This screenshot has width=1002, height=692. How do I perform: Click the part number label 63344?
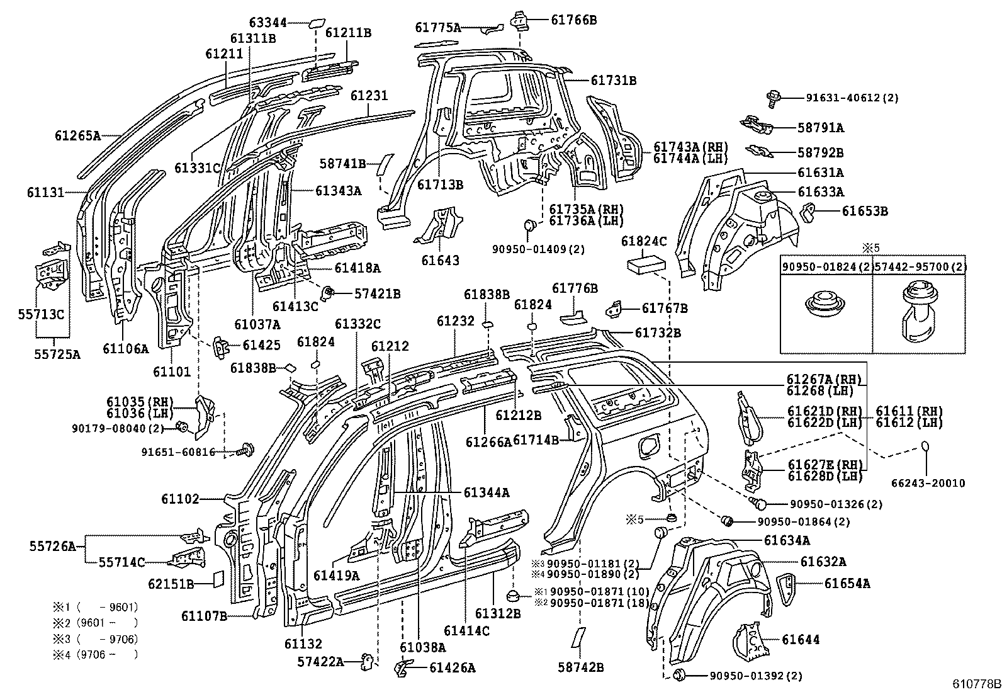(x=267, y=23)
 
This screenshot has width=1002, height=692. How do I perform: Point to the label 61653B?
(x=864, y=212)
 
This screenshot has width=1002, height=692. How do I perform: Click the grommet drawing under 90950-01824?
(x=826, y=305)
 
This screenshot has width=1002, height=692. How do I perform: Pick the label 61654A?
(x=847, y=584)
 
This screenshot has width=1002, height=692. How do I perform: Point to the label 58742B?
(x=580, y=666)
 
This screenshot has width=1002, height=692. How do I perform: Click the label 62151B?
(x=171, y=584)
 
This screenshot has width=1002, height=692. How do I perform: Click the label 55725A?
(x=57, y=355)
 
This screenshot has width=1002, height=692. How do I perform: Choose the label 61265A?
(x=77, y=135)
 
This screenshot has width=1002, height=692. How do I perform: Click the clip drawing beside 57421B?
(x=327, y=292)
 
